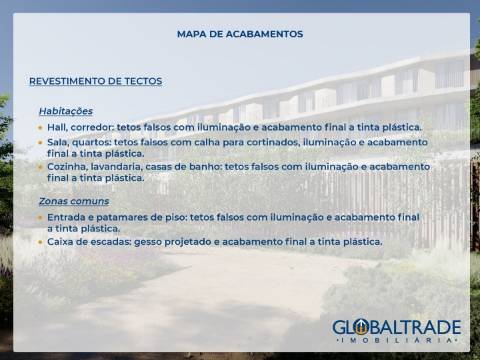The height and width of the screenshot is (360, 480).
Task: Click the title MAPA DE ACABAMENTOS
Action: point(240,34)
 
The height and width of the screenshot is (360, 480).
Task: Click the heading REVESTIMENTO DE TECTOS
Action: point(96,81)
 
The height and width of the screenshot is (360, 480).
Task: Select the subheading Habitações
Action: point(66,111)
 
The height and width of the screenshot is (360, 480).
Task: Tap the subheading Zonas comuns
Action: point(74,201)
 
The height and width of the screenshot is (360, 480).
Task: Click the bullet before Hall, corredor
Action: point(40,128)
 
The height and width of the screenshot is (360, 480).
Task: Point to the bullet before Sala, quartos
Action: point(40,143)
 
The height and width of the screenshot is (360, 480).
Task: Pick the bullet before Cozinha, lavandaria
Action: point(40,167)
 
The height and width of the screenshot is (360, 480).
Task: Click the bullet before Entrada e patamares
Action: point(40,217)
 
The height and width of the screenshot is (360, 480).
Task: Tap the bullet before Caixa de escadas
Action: point(40,242)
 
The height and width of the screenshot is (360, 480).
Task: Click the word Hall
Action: point(57,128)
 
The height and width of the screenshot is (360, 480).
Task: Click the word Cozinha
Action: point(67,167)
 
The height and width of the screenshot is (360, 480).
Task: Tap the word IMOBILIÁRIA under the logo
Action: point(397,342)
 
